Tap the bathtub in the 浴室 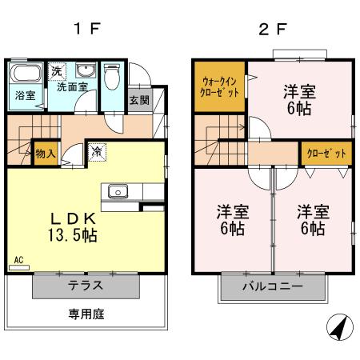pyautogui.click(x=24, y=74)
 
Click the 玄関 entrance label pyautogui.click(x=138, y=101)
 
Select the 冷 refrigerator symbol pyautogui.click(x=96, y=150)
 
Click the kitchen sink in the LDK pyautogui.click(x=118, y=191)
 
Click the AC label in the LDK pyautogui.click(x=18, y=259)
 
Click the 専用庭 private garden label pyautogui.click(x=86, y=314)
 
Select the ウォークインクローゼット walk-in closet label pyautogui.click(x=218, y=86)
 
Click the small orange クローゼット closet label pyautogui.click(x=325, y=152)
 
